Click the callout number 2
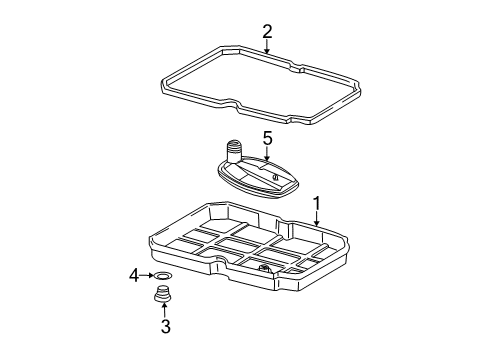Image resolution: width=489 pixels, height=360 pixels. coord(267,32)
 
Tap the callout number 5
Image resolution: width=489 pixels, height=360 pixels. coord(267,138)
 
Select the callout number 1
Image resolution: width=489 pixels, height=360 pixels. coord(316,203)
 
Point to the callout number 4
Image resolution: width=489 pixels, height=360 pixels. coord(134,276)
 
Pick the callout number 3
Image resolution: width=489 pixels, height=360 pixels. coord(166,326)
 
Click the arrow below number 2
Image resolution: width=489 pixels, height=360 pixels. coord(267,46)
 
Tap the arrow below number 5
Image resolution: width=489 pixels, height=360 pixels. coord(267,154)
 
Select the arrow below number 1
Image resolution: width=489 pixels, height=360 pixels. coord(316,219)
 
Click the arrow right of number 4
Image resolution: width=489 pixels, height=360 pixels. coord(146,275)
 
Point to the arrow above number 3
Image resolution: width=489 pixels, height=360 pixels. coord(164,309)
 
